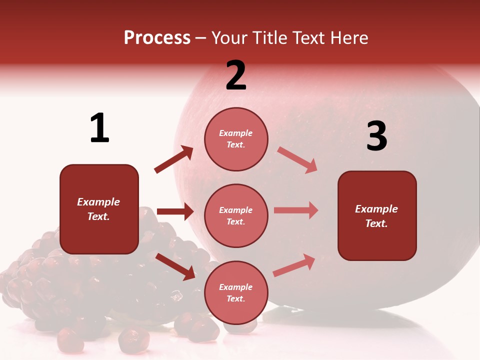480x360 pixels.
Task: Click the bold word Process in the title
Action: pyautogui.click(x=157, y=38)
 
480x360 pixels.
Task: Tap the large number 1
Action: pyautogui.click(x=99, y=128)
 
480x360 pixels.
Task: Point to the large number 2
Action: pyautogui.click(x=236, y=75)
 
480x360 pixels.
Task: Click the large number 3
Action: pyautogui.click(x=376, y=136)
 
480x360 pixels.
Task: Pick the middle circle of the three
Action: pyautogui.click(x=236, y=215)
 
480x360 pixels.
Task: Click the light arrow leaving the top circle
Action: pyautogui.click(x=297, y=159)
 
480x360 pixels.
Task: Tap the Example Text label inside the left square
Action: pyautogui.click(x=98, y=209)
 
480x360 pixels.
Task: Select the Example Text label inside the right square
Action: pyautogui.click(x=376, y=216)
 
